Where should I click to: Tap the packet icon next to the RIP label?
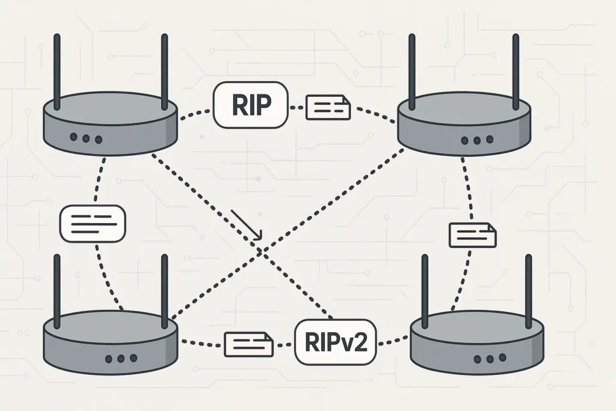[x=328, y=107]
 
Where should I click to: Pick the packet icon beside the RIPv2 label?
[x=248, y=344]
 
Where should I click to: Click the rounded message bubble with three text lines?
[x=93, y=223]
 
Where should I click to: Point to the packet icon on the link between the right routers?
[x=473, y=235]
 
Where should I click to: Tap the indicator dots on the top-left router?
[x=86, y=138]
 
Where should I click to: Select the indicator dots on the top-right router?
[x=477, y=141]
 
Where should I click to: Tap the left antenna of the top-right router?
[x=411, y=72]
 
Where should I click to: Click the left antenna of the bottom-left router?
[x=57, y=288]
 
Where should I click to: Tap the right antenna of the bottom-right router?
[x=528, y=288]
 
